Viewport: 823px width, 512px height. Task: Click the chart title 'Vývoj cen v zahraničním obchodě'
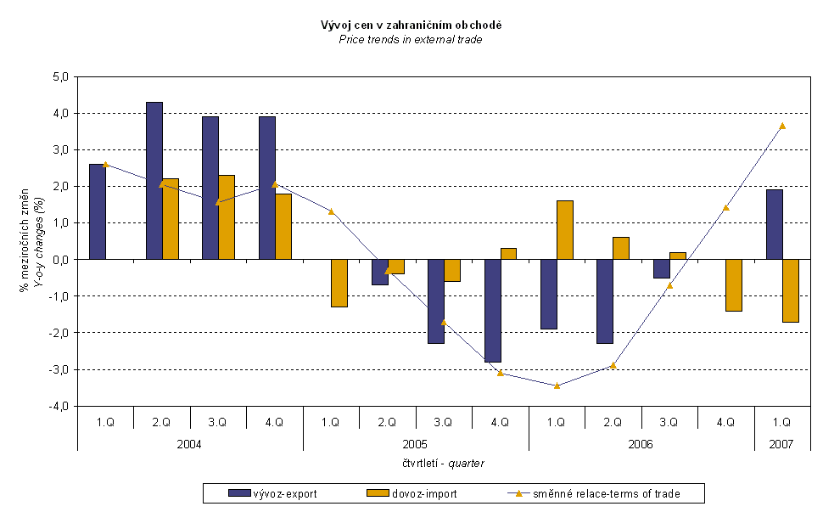411,25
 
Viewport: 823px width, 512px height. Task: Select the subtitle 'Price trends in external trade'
411,39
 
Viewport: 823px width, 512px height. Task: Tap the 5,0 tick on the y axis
61,76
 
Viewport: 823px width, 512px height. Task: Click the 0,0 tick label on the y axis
61,259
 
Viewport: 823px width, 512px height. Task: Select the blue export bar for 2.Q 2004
154,180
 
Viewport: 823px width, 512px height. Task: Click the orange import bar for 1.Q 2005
339,283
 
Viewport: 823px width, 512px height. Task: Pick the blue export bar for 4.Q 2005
492,310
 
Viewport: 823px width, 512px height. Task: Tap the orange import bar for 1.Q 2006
565,229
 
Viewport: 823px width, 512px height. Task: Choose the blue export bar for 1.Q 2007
774,224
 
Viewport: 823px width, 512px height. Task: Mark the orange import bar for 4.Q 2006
734,284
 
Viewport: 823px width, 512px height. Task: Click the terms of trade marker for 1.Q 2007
782,126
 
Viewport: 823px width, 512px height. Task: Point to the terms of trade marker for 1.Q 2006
557,385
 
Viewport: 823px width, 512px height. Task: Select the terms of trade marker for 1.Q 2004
105,165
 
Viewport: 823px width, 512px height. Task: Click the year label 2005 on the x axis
416,444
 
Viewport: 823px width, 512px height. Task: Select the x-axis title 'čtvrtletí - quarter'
444,463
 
